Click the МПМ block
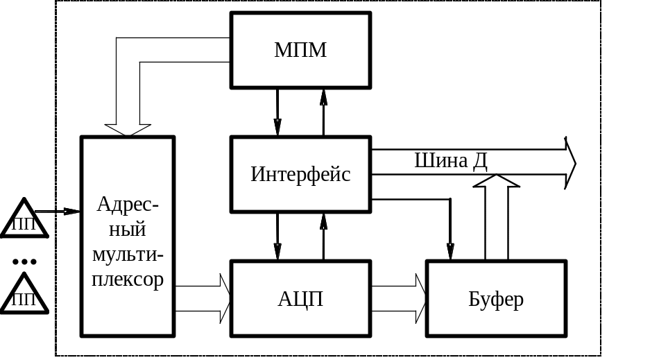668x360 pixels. [x=300, y=51]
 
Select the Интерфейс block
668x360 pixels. [x=300, y=174]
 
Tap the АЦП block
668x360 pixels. [x=300, y=299]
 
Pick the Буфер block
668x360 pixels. [x=496, y=299]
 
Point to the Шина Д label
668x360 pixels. [x=451, y=161]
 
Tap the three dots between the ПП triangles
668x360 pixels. [x=24, y=262]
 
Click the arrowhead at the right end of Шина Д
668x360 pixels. [x=570, y=162]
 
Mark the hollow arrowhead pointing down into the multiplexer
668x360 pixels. [x=128, y=130]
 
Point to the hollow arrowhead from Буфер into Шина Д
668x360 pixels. [x=496, y=182]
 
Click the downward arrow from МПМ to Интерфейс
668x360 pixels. [x=277, y=126]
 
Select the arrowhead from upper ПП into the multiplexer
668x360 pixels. [x=72, y=211]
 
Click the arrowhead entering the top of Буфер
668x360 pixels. [x=451, y=251]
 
